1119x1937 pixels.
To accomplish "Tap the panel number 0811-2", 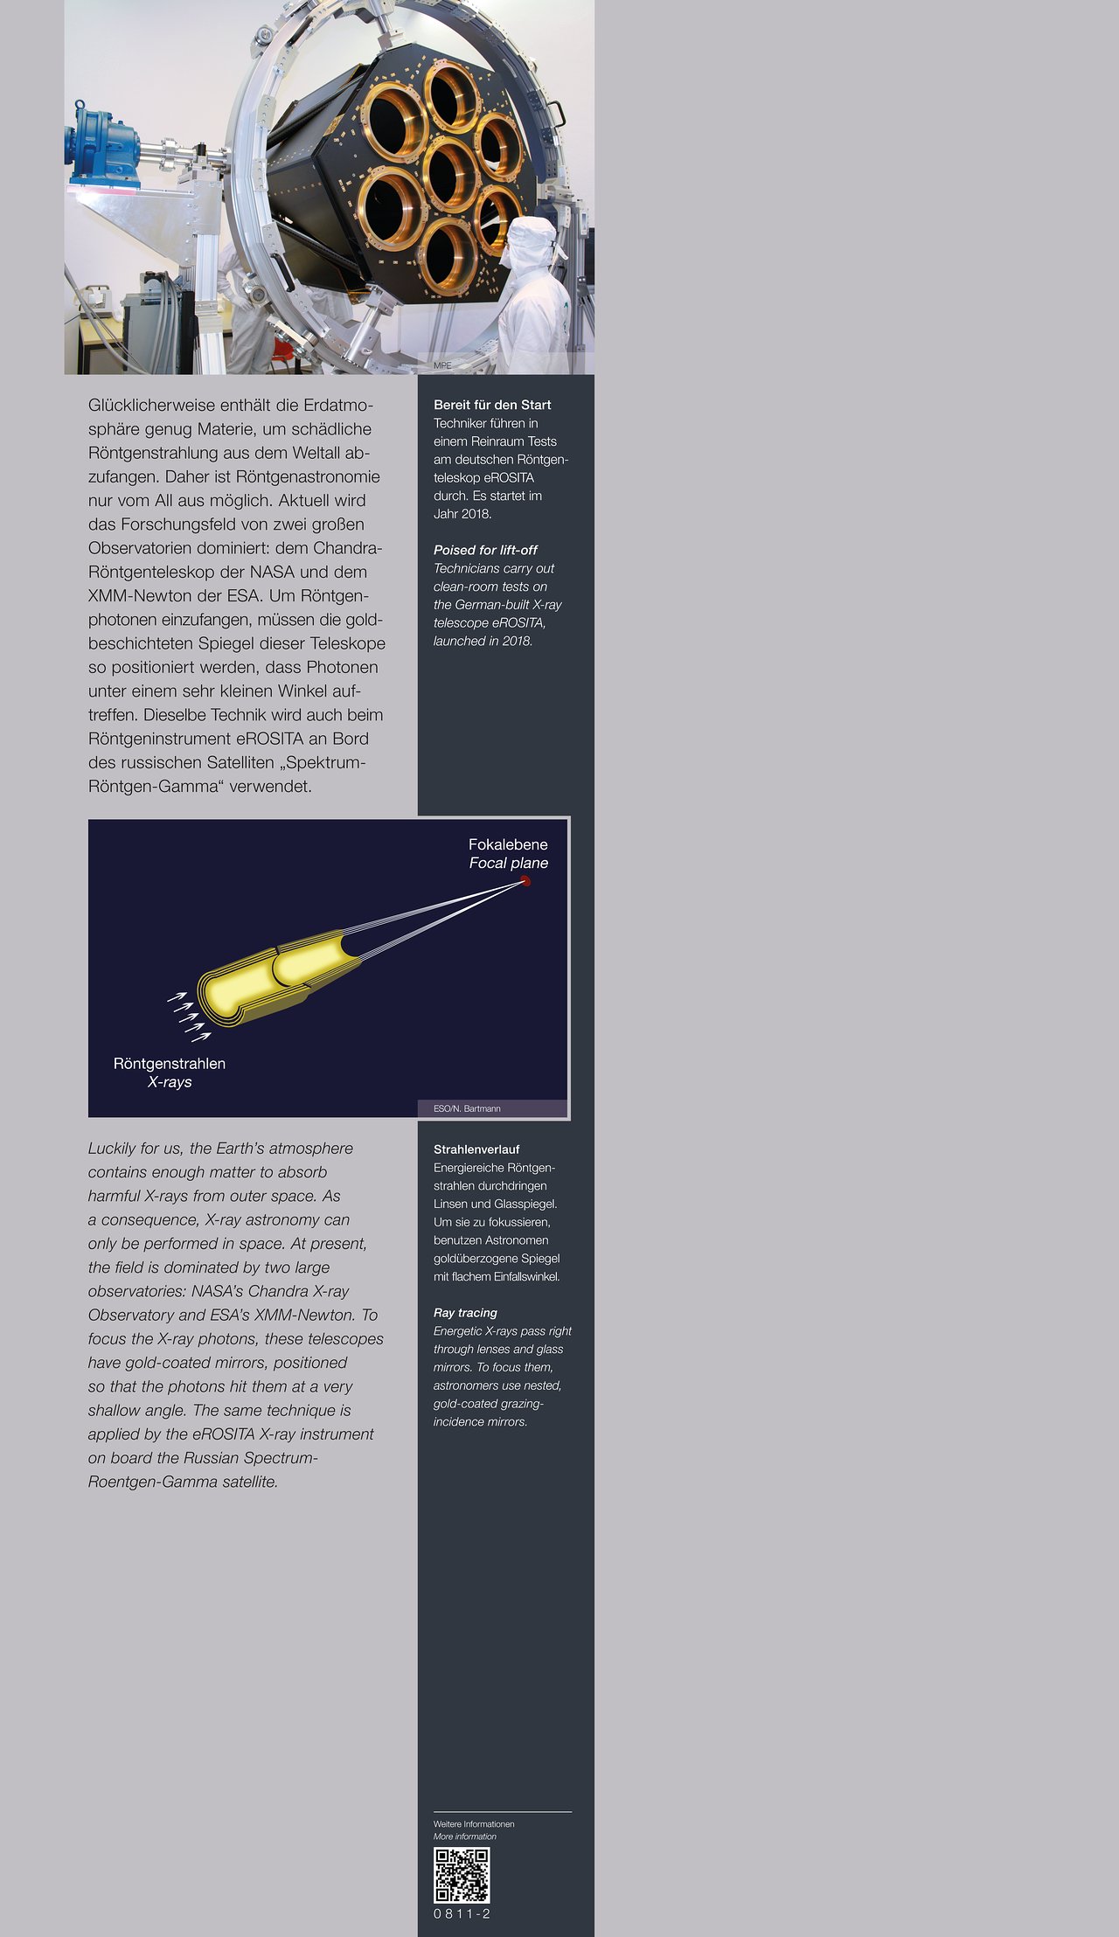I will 462,1913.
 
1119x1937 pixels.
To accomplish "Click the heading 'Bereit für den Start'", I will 492,405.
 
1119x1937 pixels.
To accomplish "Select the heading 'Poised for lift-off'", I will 485,550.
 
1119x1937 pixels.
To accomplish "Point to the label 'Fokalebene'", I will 508,844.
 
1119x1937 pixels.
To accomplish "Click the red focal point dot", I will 525,881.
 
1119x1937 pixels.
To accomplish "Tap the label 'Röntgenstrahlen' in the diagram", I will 170,1063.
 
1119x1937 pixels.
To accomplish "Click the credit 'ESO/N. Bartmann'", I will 467,1108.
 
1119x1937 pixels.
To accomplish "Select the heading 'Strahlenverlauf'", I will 476,1149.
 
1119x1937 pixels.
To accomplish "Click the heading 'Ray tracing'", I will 465,1312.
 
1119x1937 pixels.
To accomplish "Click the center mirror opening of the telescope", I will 449,174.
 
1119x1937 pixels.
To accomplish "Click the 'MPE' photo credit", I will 442,365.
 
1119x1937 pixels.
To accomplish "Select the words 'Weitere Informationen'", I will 474,1824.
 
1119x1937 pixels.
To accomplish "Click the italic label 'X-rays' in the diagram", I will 170,1081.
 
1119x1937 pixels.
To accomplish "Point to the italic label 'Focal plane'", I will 509,863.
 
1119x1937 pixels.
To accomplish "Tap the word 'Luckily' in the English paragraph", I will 112,1149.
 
